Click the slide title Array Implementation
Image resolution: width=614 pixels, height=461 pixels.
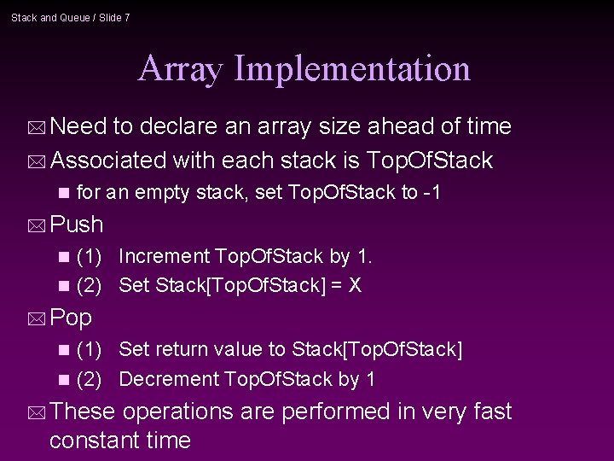click(x=304, y=68)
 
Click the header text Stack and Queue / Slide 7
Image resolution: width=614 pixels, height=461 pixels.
click(x=71, y=17)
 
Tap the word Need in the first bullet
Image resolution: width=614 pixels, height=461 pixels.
click(x=78, y=127)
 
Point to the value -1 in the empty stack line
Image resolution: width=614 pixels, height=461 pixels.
click(x=432, y=193)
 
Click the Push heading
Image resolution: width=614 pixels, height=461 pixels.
click(x=77, y=225)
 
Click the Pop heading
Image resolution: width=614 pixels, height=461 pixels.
click(x=72, y=318)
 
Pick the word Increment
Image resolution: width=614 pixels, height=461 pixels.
click(x=165, y=256)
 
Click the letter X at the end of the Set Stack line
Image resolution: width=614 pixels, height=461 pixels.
click(x=356, y=286)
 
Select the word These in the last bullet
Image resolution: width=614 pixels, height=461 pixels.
click(x=83, y=411)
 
